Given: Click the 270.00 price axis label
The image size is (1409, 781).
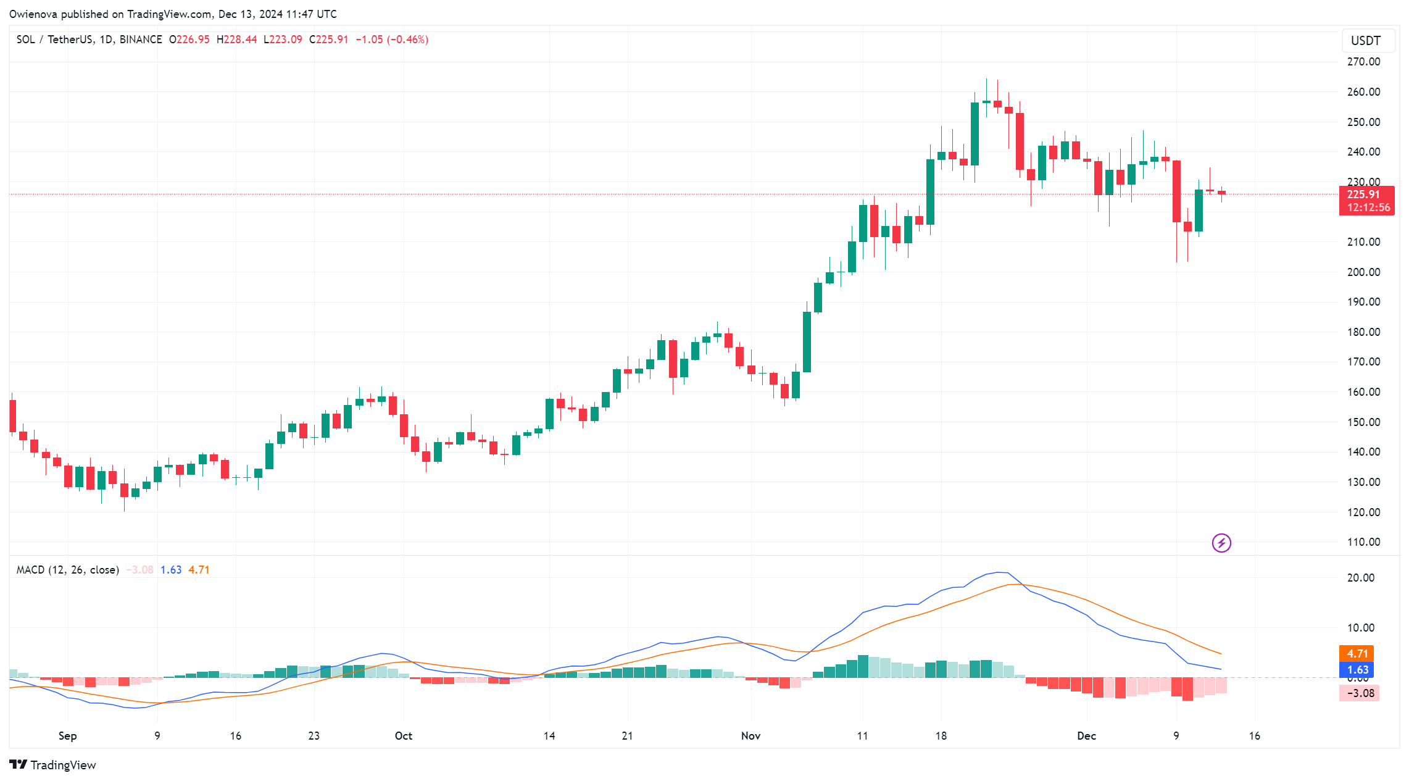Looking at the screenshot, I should click(x=1363, y=62).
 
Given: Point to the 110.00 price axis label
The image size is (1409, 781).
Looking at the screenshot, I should click(x=1363, y=542).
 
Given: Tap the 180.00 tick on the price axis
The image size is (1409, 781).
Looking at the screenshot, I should click(x=1363, y=332).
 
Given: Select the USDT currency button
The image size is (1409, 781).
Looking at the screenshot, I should click(x=1365, y=41).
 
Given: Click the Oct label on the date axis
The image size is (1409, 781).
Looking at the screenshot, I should click(x=404, y=736).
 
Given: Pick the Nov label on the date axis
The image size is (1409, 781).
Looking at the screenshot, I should click(x=750, y=736).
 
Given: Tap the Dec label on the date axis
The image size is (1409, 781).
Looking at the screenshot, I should click(x=1086, y=736).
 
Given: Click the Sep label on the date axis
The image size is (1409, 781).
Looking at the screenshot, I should click(x=68, y=736).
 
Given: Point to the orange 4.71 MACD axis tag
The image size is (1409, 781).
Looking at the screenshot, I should click(x=1357, y=654).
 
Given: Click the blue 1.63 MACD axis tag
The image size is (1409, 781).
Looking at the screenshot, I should click(x=1357, y=670).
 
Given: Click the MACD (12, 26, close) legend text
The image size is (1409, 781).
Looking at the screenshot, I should click(x=68, y=570).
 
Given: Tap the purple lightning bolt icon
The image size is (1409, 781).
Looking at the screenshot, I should click(x=1221, y=543).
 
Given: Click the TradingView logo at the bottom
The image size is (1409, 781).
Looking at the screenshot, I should click(x=53, y=765).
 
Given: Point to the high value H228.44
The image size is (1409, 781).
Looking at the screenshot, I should click(x=236, y=40).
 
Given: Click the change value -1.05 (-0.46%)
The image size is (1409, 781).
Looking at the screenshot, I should click(x=392, y=40).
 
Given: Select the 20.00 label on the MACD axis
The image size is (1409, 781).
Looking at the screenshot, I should click(x=1360, y=578).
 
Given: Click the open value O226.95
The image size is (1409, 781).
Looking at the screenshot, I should click(x=189, y=40).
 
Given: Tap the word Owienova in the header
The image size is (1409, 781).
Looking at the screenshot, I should click(x=33, y=14).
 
